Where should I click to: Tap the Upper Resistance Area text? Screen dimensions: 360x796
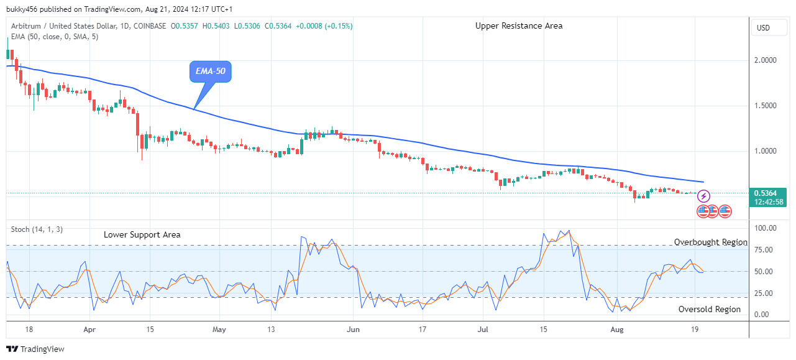point(519,25)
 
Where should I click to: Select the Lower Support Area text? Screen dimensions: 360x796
point(142,234)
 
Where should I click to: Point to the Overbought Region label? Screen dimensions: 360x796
point(711,242)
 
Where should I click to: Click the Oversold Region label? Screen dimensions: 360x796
point(709,309)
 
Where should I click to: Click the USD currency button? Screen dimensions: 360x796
point(763,28)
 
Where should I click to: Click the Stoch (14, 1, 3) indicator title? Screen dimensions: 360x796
point(37,229)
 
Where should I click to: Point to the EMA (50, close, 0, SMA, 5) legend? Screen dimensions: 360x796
point(55,37)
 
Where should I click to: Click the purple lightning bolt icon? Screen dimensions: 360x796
point(704,196)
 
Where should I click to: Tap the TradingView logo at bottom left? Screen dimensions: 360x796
point(35,349)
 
